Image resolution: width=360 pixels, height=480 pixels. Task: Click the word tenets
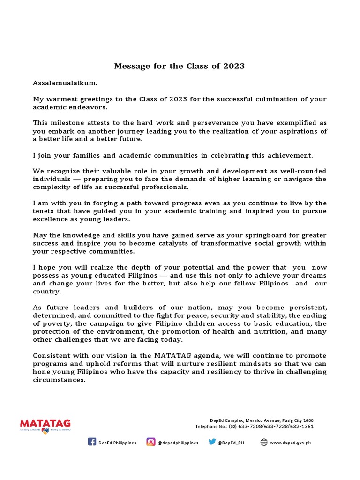[45, 211]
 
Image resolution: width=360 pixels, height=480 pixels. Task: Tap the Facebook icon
[92, 442]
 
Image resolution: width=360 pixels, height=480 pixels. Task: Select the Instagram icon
[151, 442]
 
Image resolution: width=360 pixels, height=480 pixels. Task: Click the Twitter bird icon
[212, 442]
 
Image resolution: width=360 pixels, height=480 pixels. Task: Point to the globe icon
[264, 442]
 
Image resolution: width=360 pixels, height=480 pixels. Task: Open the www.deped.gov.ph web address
[291, 442]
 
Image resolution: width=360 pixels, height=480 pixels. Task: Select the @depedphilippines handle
[178, 442]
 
